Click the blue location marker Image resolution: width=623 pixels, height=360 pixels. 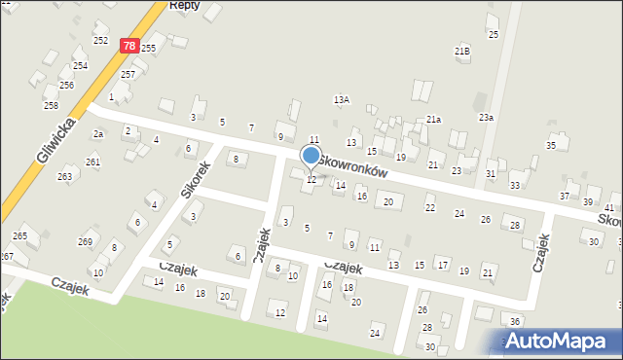coord(311,155)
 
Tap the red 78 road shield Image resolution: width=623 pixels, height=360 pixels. coord(129,45)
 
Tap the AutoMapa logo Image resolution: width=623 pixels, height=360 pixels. coord(560,341)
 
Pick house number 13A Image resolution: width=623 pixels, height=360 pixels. coord(341,99)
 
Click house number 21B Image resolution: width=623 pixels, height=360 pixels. coord(462,51)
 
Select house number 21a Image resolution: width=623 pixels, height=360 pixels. coord(433,119)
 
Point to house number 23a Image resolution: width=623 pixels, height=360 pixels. coord(486,118)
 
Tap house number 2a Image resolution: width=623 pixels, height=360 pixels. coord(97,133)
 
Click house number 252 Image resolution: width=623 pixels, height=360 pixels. coord(100,41)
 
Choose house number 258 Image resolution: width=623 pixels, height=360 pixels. coord(51,105)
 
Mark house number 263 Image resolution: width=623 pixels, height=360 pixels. coord(64,176)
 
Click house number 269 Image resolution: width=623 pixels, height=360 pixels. coord(85,241)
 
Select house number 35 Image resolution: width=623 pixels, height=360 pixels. coord(551,145)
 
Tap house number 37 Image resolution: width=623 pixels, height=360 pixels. coord(564,196)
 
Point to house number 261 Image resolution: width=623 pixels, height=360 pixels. coord(92,162)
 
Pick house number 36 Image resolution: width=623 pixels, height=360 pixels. coord(515,321)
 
